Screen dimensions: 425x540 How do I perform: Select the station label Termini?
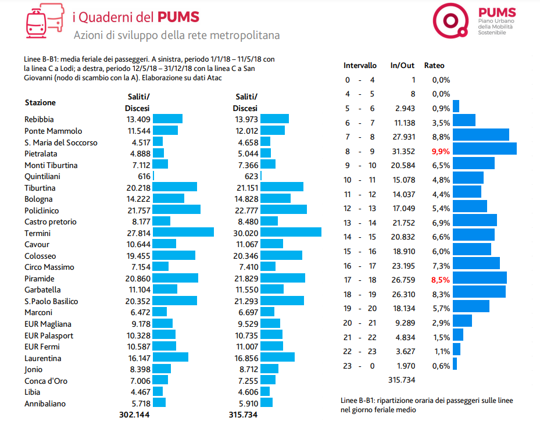(37, 233)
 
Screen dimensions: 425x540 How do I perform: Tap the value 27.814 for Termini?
(138, 233)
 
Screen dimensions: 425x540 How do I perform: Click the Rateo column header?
(434, 66)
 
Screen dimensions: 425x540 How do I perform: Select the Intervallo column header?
(360, 66)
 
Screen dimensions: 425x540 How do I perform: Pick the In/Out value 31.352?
(403, 151)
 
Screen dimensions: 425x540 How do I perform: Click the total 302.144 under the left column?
(134, 415)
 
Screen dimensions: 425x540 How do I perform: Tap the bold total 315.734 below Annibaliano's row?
(244, 415)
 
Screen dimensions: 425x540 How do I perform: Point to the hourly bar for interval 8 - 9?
(484, 149)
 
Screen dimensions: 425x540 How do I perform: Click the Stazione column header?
(40, 103)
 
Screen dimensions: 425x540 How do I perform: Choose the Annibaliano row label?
(45, 403)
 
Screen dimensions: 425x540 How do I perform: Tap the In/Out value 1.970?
(405, 365)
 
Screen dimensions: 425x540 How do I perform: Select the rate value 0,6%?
(442, 365)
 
